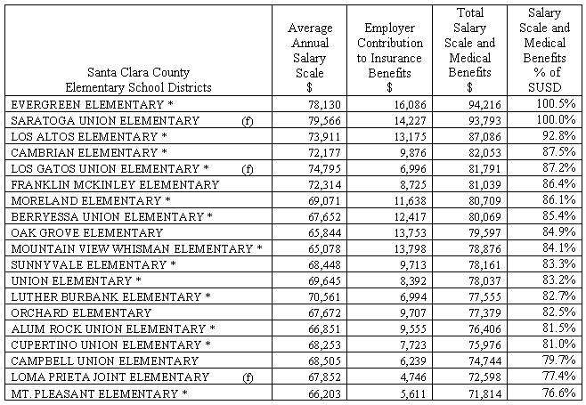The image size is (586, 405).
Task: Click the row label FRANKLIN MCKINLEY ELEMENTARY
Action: (115, 184)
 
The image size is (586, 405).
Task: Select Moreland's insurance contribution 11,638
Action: (394, 200)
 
